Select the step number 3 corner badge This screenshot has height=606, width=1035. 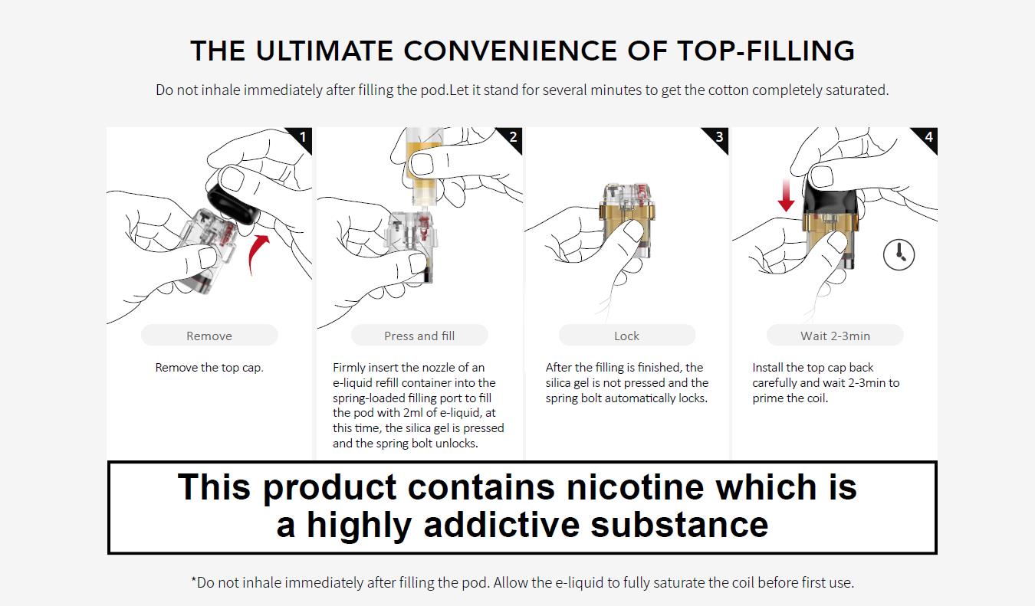pos(719,137)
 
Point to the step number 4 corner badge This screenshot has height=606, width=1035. pos(928,137)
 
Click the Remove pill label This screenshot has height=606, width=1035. pos(209,336)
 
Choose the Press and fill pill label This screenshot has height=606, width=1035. pos(419,336)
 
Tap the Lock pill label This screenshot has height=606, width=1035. pos(626,336)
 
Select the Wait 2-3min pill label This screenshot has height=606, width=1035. pos(835,336)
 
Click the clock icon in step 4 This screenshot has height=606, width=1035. pos(899,254)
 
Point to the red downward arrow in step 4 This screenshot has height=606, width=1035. pos(786,195)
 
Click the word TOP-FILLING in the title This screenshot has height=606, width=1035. pos(766,51)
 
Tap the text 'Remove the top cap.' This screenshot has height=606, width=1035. pos(209,368)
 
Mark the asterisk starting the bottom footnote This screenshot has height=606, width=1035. pos(193,581)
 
